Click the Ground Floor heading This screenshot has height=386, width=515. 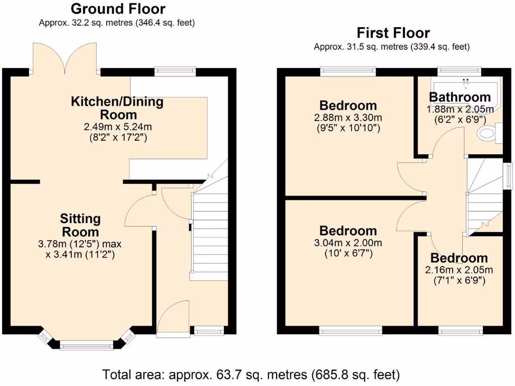pos(118,9)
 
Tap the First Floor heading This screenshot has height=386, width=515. pos(393,33)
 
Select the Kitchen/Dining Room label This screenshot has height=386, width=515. pos(117,108)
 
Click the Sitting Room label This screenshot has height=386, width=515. pos(80,225)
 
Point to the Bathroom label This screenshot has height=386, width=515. pos(459,97)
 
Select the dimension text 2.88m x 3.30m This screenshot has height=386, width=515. pos(348,118)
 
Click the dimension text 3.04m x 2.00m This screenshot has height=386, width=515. pos(348,243)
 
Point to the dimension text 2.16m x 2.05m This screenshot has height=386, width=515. pos(459,270)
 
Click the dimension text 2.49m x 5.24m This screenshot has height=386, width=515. pos(117,127)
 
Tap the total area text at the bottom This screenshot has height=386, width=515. pos(251,374)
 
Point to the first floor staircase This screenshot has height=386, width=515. pos(485,196)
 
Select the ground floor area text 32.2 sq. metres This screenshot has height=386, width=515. pos(117,23)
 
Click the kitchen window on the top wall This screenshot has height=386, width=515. pos(175,71)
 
